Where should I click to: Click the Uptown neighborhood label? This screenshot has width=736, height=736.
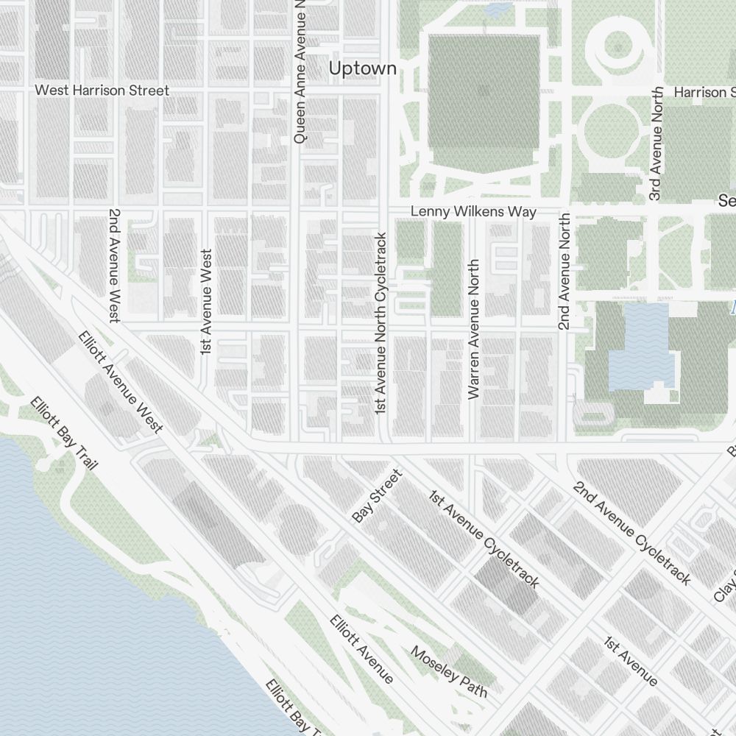tap(363, 68)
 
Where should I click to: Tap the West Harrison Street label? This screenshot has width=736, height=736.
tap(102, 91)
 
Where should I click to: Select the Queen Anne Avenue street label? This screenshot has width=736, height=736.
tap(300, 71)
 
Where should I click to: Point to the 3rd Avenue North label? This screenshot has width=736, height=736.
tap(657, 144)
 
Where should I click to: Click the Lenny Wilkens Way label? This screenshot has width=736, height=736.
tap(473, 212)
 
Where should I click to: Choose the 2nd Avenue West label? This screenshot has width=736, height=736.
tap(114, 266)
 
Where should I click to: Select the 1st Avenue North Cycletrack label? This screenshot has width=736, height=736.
tap(381, 323)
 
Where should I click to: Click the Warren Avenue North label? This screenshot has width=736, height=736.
tap(473, 329)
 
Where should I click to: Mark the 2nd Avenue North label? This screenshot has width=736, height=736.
tap(564, 272)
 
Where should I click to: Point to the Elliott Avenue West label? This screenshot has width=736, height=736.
tap(121, 382)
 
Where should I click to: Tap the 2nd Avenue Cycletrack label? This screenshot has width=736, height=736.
tap(632, 533)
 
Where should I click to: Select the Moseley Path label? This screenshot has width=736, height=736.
tap(449, 672)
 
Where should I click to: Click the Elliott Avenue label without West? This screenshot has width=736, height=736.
tap(361, 648)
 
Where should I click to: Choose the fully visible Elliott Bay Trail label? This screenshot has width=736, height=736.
tap(64, 434)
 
